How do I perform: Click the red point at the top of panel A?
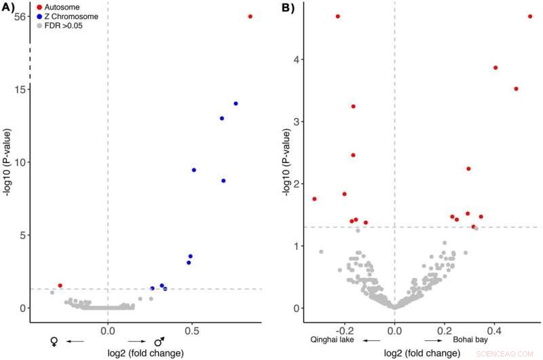coord(250,16)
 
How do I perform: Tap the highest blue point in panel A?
coord(236,103)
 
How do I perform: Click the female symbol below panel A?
coord(55,342)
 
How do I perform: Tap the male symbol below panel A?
coord(160,342)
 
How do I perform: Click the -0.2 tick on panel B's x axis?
coord(344,330)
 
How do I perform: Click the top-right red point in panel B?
coord(530,16)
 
